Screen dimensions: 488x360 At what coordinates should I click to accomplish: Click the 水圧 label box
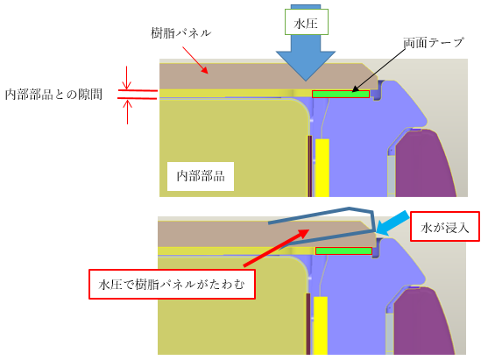[x=307, y=22]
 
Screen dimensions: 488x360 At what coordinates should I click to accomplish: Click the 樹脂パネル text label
[x=180, y=33]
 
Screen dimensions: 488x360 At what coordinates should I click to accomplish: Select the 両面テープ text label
[x=434, y=43]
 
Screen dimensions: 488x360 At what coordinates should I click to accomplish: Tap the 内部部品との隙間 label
[x=53, y=95]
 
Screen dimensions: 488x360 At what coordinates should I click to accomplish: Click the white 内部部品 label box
[x=201, y=176]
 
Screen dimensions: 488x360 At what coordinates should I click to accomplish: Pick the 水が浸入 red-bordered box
[x=445, y=227]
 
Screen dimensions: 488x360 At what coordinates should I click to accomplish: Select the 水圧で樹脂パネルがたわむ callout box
[x=172, y=284]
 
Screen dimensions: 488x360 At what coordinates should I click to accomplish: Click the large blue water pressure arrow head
[x=306, y=66]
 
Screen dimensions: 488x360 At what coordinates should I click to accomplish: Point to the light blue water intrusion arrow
[x=392, y=223]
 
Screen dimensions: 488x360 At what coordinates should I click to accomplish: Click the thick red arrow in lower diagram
[x=276, y=248]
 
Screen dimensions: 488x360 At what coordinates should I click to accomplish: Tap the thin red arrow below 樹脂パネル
[x=195, y=60]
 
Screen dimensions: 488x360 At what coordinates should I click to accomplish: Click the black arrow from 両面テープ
[x=378, y=70]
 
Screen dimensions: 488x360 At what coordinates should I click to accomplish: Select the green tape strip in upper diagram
[x=341, y=94]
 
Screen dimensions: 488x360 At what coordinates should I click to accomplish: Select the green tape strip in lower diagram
[x=343, y=251]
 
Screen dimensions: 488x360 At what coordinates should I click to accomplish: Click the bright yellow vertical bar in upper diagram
[x=322, y=167]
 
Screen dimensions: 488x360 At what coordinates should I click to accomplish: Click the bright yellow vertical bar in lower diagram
[x=321, y=326]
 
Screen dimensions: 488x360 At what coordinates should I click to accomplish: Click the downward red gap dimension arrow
[x=126, y=78]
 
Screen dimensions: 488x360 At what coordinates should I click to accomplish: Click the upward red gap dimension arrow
[x=127, y=111]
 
